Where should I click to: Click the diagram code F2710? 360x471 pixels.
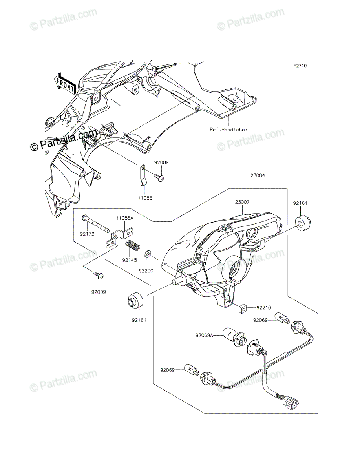point(300,66)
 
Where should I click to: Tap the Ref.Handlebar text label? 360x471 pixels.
point(229,130)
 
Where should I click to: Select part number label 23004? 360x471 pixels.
point(258,175)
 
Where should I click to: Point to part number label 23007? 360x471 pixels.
point(243,202)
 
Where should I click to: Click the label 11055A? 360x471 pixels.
point(125,218)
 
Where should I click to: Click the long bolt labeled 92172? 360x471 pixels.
point(96,223)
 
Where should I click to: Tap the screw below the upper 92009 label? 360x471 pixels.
point(159,177)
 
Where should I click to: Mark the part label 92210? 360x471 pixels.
point(264,308)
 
